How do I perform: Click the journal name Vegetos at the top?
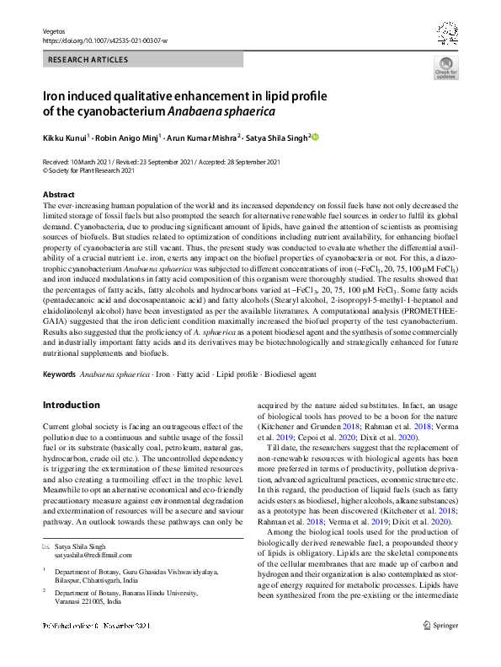click(x=55, y=30)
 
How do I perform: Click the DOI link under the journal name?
click(x=104, y=40)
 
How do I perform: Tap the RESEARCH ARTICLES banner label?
click(x=88, y=60)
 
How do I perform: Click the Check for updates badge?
click(x=445, y=67)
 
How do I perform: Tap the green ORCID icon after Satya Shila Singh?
click(x=316, y=137)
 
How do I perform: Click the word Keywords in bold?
click(x=59, y=372)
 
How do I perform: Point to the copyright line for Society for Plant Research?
click(x=88, y=169)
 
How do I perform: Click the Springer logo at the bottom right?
click(x=441, y=649)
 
